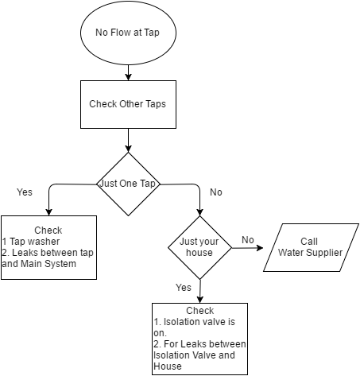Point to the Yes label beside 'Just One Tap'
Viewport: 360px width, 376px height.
(x=25, y=192)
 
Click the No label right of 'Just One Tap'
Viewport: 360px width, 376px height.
(x=216, y=192)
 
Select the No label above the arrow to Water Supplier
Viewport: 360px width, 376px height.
(x=248, y=240)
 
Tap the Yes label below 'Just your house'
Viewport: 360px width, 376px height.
(x=184, y=288)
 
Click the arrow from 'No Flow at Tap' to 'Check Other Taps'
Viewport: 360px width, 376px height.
(x=128, y=72)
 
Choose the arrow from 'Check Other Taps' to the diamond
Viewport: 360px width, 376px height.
(x=128, y=141)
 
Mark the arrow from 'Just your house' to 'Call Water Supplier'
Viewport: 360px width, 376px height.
(x=248, y=248)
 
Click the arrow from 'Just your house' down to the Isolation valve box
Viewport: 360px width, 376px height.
(x=200, y=291)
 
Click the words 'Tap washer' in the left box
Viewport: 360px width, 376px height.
(x=35, y=242)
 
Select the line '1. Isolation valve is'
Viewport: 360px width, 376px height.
(x=195, y=322)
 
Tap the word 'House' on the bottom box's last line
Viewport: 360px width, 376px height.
(x=168, y=366)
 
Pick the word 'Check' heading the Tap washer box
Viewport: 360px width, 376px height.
(x=48, y=231)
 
